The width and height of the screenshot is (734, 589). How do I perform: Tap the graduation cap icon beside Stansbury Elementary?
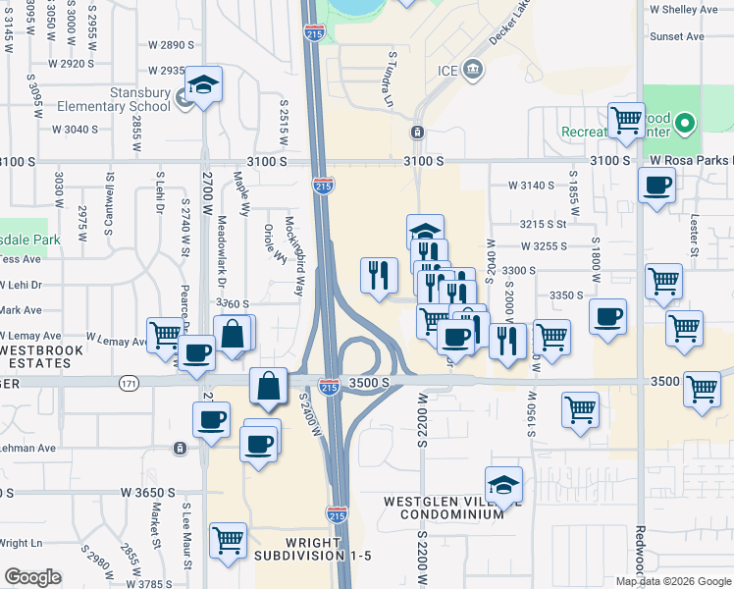coord(204,83)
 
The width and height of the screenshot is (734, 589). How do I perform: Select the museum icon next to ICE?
coord(474,69)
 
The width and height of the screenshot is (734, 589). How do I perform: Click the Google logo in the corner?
coord(32,577)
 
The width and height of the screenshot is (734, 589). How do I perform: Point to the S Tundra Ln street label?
coord(390,80)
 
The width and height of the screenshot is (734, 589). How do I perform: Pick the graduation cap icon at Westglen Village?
coord(503,484)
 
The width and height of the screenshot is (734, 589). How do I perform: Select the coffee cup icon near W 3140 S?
coord(656,184)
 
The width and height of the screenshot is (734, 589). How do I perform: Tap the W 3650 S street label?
coord(148,491)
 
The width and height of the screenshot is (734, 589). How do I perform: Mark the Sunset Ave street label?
coord(677,37)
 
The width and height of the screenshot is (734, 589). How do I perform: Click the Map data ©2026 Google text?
coord(673,581)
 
